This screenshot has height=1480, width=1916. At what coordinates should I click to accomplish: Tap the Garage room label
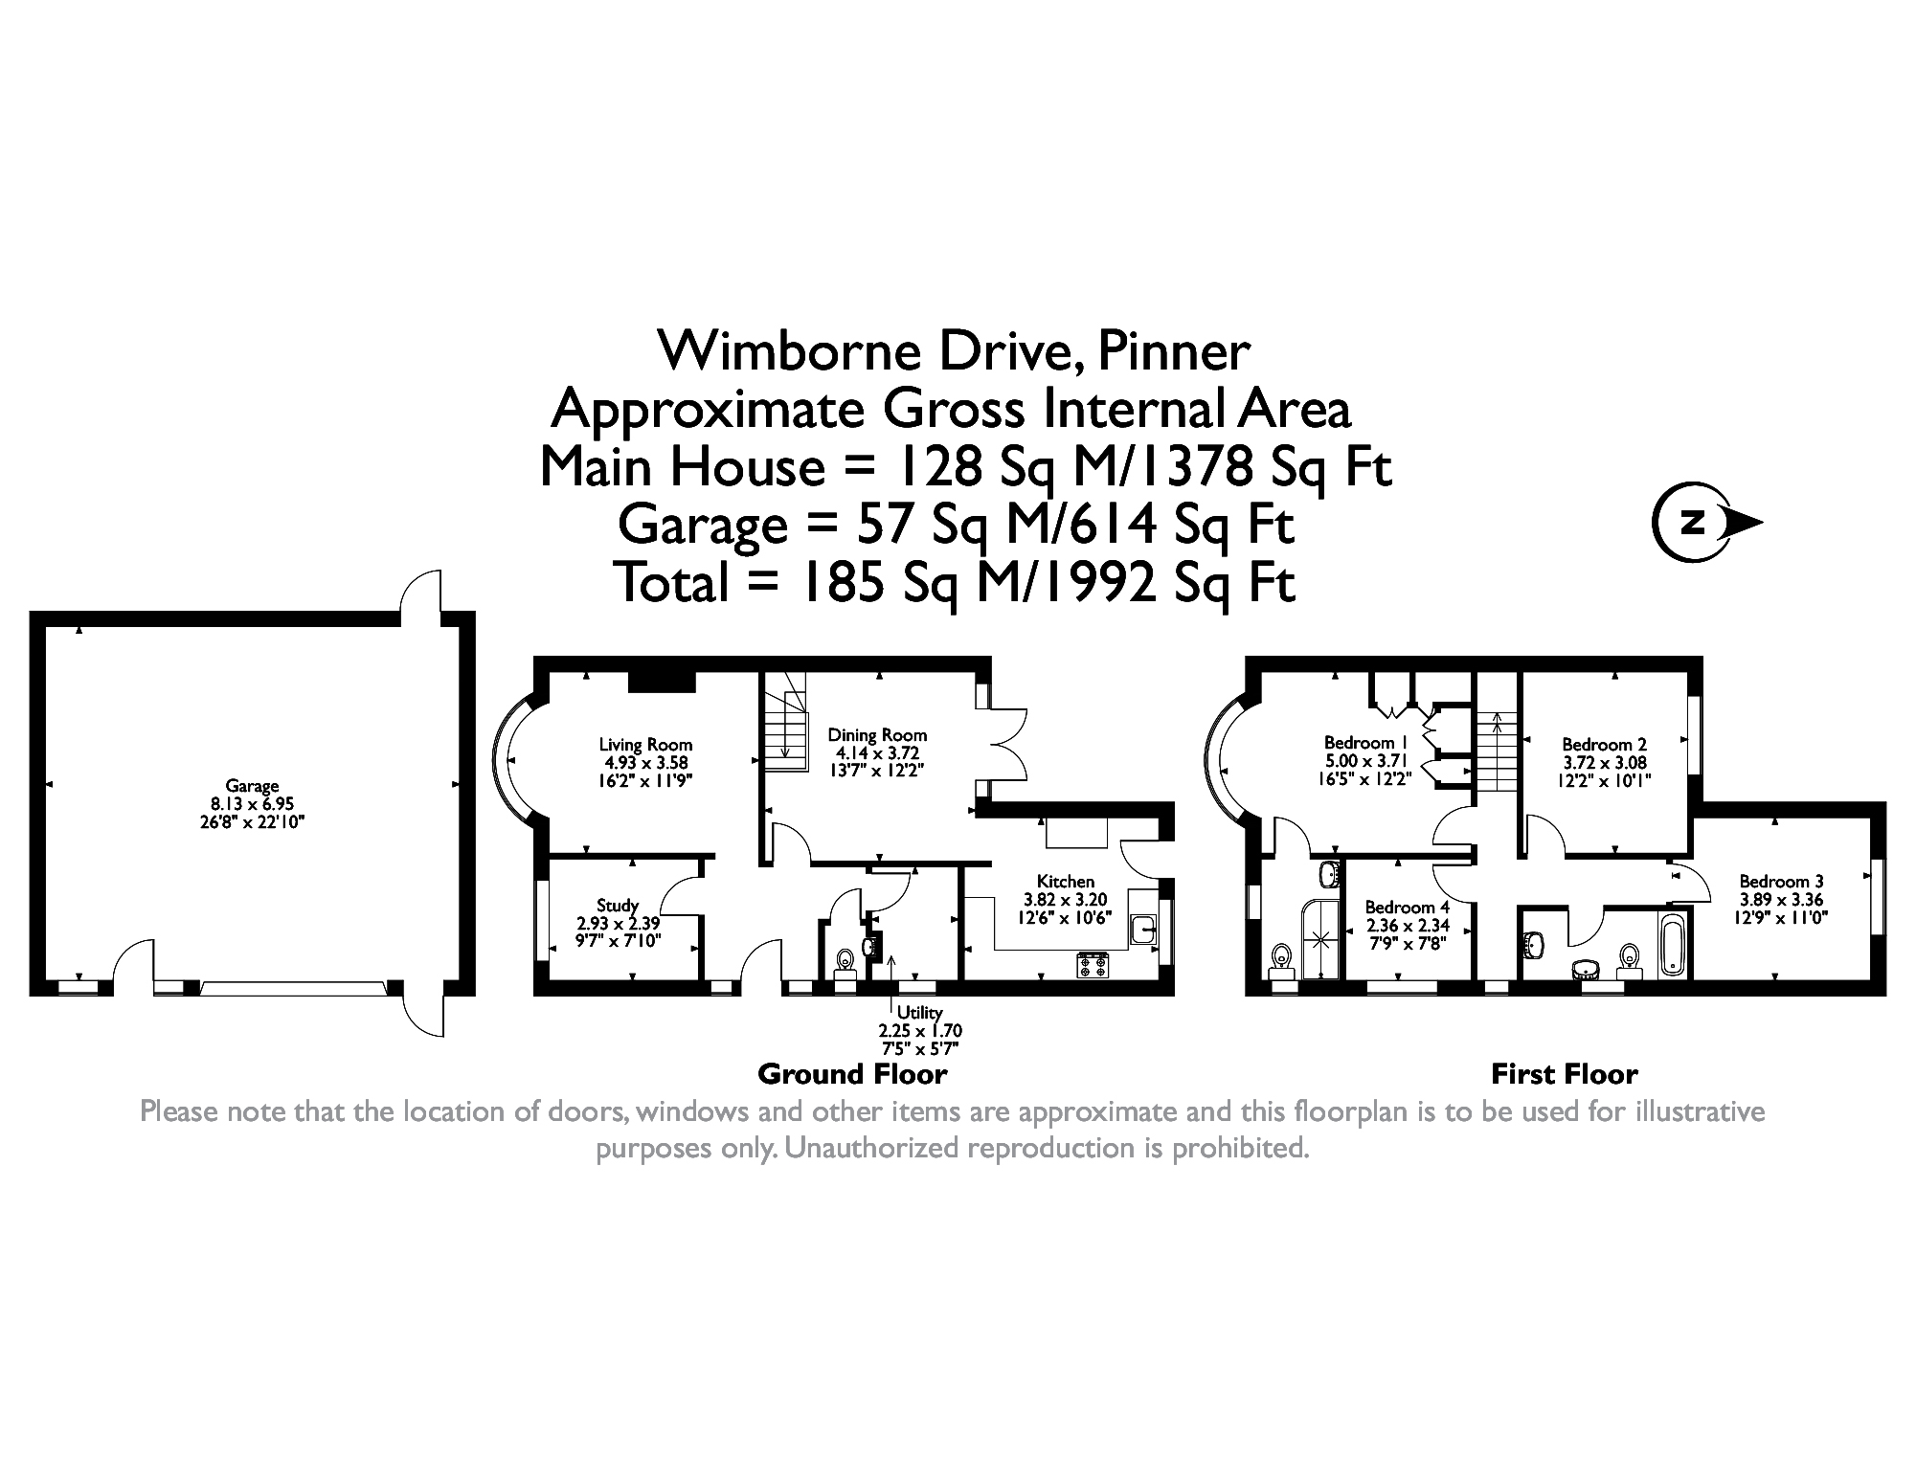coord(252,787)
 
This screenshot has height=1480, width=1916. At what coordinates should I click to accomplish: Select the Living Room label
coord(645,745)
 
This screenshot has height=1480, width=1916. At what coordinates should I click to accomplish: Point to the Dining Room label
coord(877,735)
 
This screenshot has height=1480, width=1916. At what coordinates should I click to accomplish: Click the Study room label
coord(618,906)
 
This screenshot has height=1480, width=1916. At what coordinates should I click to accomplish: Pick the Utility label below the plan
coord(920,1013)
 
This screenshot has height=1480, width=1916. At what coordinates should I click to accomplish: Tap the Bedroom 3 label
coord(1781,882)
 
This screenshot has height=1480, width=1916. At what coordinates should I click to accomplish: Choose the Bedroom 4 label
coord(1407,908)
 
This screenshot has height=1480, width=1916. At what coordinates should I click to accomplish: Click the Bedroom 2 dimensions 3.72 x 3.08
coord(1604,764)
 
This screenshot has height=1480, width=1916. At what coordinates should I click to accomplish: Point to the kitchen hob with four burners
coord(1093,965)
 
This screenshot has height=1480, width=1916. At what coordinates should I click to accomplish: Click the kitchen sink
coord(1143,928)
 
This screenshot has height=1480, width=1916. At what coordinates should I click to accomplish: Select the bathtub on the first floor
coord(1673,945)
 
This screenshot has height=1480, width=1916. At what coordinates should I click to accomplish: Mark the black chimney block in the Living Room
coord(661,681)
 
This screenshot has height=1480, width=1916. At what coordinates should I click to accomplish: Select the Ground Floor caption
coord(852,1074)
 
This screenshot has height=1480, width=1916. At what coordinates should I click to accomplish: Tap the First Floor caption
coord(1565,1074)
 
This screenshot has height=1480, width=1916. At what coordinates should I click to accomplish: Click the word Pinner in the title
coord(1173,351)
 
